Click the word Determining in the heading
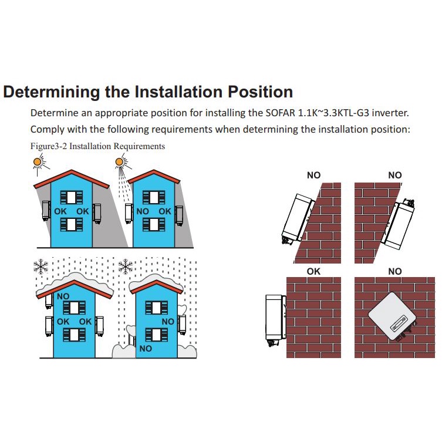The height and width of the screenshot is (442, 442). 52,92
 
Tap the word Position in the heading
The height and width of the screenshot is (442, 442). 260,92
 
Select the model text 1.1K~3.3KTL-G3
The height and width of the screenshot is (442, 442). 333,113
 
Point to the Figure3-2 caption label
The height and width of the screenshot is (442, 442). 49,146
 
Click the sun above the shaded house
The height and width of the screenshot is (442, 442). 38,162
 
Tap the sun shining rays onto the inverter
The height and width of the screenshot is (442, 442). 120,162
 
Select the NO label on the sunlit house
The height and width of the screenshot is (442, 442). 143,211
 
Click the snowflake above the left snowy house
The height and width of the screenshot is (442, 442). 41,266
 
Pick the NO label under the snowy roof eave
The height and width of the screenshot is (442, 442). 63,296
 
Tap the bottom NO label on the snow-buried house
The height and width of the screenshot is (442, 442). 146,349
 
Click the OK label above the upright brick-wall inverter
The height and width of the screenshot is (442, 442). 313,271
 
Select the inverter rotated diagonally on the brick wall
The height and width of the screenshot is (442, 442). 392,317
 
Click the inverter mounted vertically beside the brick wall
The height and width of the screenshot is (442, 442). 275,319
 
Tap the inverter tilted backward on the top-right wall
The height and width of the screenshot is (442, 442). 397,224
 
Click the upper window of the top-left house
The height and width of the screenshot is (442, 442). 71,197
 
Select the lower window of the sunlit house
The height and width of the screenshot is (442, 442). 154,224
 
